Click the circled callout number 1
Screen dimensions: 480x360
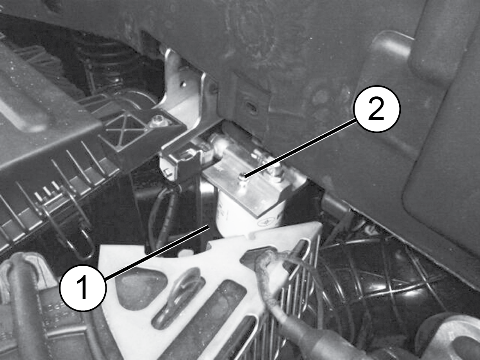coord(83,288)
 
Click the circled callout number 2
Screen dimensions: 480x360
coord(377,109)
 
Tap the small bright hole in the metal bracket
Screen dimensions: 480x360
coord(184,84)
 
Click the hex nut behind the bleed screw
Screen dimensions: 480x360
coord(276,169)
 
